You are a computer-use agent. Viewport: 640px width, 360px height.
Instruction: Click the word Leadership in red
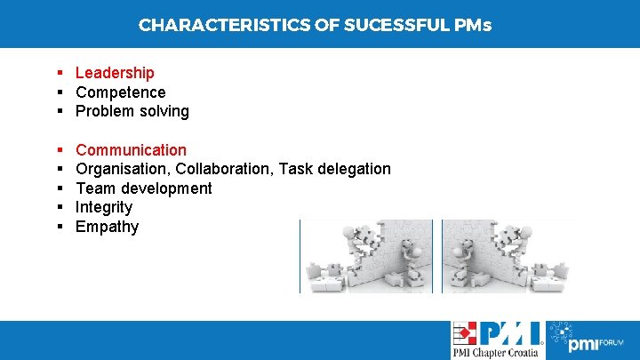(115, 73)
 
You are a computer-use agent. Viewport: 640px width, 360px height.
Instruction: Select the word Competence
(120, 92)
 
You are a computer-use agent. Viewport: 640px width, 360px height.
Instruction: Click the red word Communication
(131, 150)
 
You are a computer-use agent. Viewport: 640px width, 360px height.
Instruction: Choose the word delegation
(353, 169)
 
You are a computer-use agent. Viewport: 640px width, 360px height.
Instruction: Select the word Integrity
(104, 207)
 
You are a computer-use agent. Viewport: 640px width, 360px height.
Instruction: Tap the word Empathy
(107, 227)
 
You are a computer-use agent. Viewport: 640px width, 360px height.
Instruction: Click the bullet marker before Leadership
(58, 73)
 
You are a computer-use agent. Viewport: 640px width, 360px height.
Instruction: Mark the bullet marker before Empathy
(58, 227)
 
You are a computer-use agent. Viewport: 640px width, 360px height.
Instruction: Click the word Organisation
(122, 169)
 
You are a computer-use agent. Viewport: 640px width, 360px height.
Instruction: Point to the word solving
(164, 112)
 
